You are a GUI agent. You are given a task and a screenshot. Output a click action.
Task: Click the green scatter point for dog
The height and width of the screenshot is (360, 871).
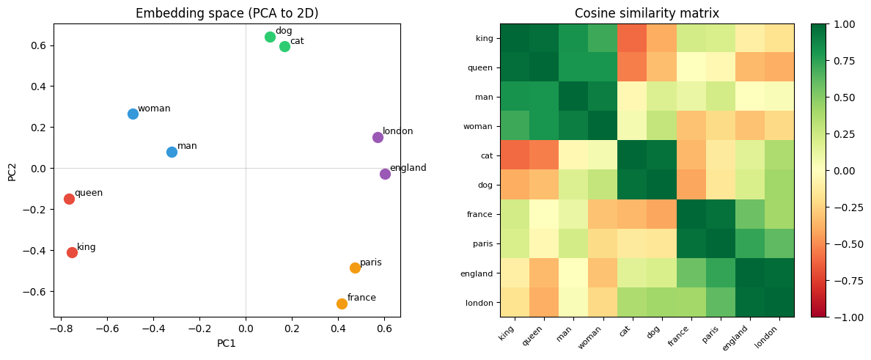coord(270,37)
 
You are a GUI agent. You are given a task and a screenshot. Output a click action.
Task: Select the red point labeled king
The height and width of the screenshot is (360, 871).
coord(72,252)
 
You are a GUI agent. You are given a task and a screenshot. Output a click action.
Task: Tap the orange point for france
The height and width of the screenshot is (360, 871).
coord(342,304)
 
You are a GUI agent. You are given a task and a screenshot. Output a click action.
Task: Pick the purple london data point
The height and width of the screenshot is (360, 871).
coord(378,137)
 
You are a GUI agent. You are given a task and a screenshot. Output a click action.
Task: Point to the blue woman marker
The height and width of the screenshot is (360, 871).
coord(133,114)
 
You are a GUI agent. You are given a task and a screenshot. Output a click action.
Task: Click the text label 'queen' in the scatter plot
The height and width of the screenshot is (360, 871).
coord(89,193)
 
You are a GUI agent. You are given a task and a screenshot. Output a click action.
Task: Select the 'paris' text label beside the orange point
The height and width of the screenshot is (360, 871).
coord(370,262)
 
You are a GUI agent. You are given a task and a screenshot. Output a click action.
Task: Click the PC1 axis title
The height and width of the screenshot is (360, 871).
coord(227,342)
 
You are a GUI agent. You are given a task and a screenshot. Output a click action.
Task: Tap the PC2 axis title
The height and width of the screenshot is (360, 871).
coord(12,170)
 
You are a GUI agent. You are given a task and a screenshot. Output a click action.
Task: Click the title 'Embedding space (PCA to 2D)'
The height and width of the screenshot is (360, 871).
coord(227,13)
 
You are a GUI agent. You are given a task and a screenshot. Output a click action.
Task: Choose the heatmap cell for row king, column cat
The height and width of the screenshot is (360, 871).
coord(633,38)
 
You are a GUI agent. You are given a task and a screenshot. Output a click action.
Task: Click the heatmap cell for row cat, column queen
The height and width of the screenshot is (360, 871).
coord(544,155)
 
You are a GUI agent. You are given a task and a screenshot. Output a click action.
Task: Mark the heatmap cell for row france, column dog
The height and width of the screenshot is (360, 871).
coord(662,214)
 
